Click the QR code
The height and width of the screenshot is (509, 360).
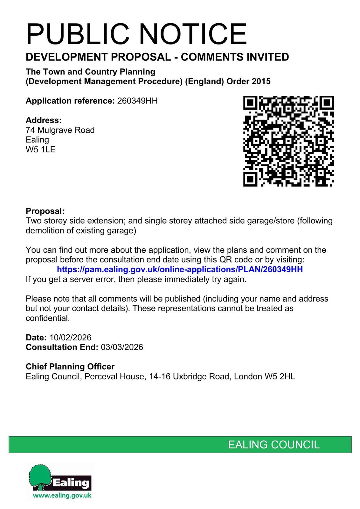point(288,141)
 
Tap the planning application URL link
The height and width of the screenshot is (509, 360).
point(180,269)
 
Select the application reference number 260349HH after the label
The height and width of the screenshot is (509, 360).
point(137,101)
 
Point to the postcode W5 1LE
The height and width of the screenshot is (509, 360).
point(41,150)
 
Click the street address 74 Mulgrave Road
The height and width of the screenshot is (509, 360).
point(60,130)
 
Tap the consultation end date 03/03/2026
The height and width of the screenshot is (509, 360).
point(122,347)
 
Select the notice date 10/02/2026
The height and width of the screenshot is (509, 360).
point(70,338)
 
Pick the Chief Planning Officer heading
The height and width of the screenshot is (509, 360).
point(70,367)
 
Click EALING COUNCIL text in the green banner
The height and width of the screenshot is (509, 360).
point(274,445)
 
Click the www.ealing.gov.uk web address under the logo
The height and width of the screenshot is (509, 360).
point(62,495)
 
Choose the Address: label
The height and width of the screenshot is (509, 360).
point(44,120)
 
